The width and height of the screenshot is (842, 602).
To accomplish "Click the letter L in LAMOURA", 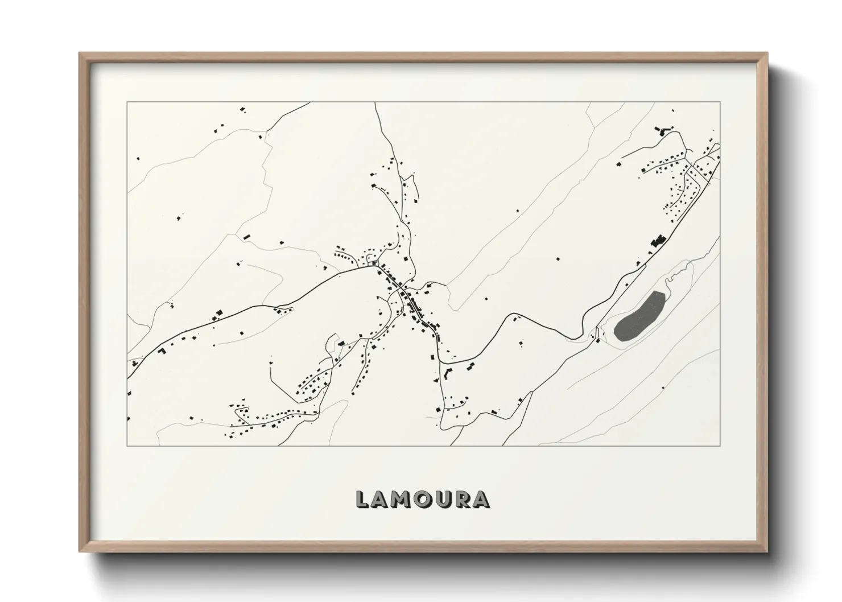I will click(x=364, y=499).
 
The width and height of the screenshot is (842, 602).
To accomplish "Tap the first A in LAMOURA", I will click(x=382, y=499).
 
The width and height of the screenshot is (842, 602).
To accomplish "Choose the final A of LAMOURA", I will click(x=481, y=499).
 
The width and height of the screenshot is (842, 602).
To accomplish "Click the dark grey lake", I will click(x=640, y=317).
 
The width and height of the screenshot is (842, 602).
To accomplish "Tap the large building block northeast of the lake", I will click(x=658, y=241).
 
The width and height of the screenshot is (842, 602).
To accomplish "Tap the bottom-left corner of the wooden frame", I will click(x=80, y=551).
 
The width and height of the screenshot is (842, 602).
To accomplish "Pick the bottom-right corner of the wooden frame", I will click(x=767, y=551).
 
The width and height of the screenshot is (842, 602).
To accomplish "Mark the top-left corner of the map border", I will click(x=127, y=102).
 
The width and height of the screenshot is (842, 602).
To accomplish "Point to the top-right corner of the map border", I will click(x=721, y=102).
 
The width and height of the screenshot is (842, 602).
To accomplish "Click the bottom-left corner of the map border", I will click(x=127, y=446).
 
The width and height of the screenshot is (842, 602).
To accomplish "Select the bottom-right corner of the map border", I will click(x=721, y=446).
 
